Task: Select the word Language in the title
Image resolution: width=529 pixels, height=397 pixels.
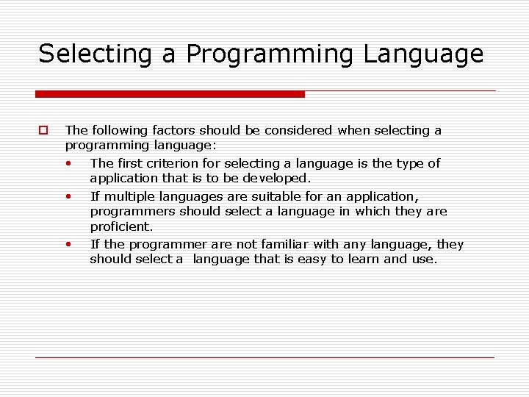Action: tap(434, 54)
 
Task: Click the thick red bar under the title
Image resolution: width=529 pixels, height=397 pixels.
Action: tap(170, 94)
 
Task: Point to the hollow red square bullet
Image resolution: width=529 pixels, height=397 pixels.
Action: tap(43, 131)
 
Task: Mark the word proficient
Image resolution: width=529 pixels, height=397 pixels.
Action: tap(121, 226)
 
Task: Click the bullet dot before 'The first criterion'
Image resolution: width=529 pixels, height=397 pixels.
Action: tap(68, 163)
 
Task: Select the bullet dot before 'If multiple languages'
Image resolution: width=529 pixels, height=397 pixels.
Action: tap(68, 196)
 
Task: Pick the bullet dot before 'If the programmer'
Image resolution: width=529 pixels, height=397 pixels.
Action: tap(68, 244)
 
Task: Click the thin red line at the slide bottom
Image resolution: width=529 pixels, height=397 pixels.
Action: tap(264, 357)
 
